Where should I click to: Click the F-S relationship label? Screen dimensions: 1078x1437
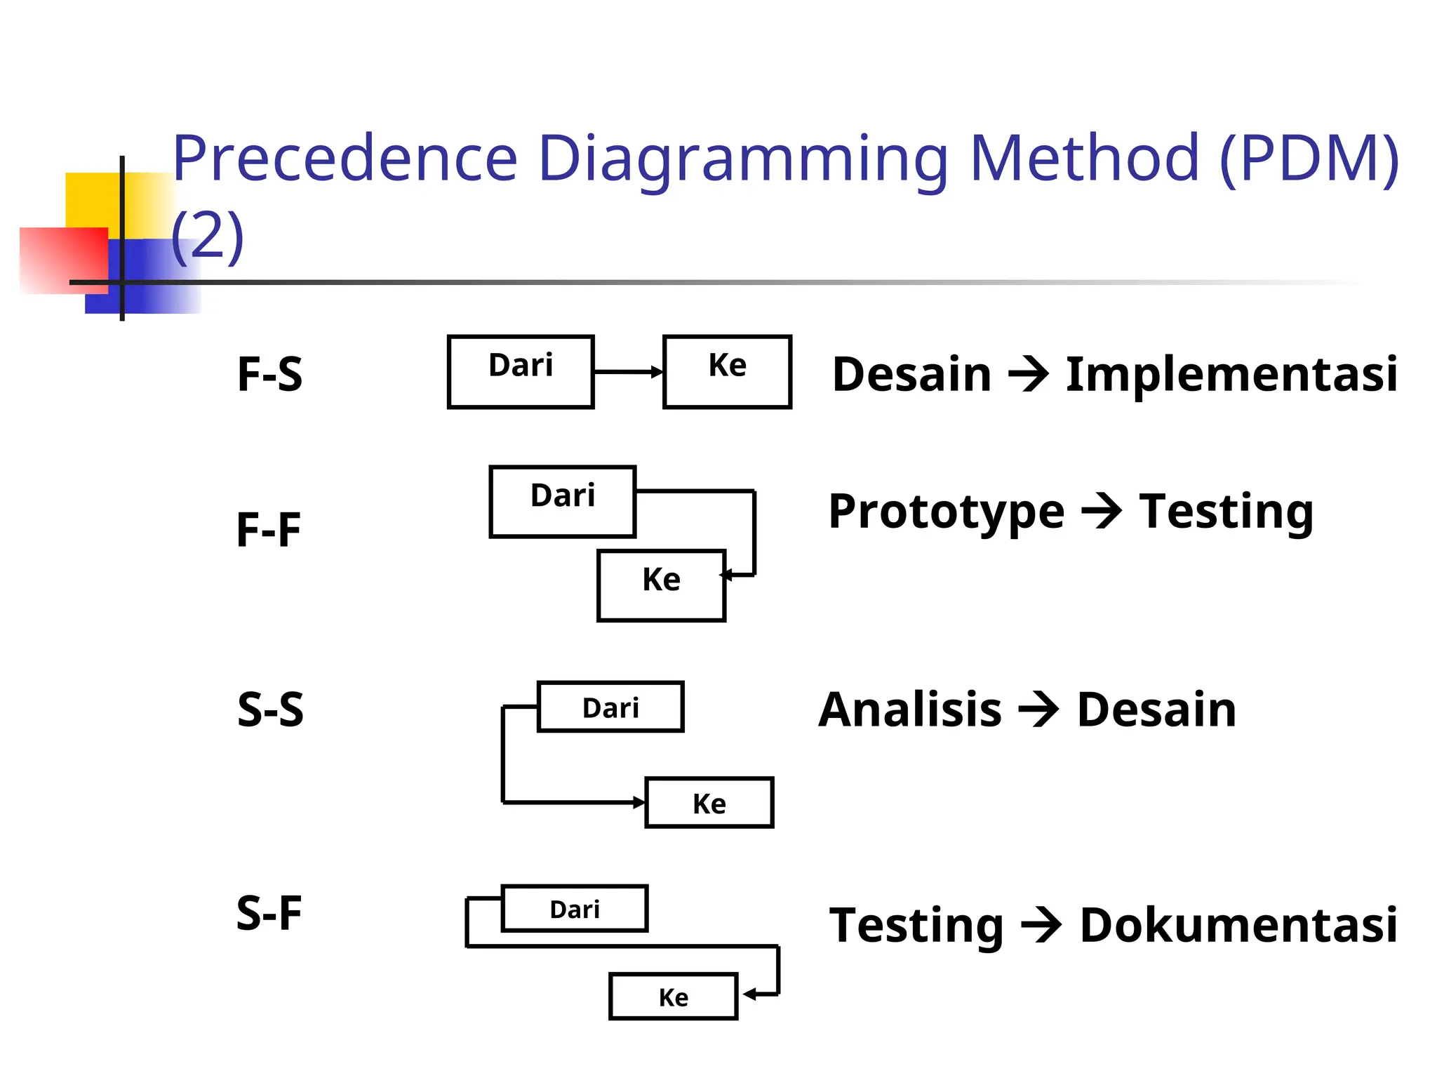[x=270, y=373]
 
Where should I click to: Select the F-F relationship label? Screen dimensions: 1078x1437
[x=269, y=529]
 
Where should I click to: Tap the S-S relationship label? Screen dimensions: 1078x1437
[x=270, y=709]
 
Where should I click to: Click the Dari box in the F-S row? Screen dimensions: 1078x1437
[x=521, y=371]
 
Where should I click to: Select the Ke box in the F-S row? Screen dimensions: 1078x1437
[x=727, y=371]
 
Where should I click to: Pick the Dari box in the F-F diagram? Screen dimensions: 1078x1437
[x=563, y=501]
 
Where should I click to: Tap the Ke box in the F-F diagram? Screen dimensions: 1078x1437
[x=661, y=585]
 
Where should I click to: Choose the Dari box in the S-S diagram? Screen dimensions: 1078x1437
[x=610, y=707]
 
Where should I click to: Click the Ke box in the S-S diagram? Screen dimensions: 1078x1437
[x=709, y=802]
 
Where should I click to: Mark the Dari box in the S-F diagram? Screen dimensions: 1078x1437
[x=575, y=908]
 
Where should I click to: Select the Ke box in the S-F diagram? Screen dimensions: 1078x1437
[x=673, y=996]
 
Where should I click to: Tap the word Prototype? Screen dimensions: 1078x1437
[x=946, y=512]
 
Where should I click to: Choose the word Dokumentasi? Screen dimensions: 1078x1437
[x=1238, y=924]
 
